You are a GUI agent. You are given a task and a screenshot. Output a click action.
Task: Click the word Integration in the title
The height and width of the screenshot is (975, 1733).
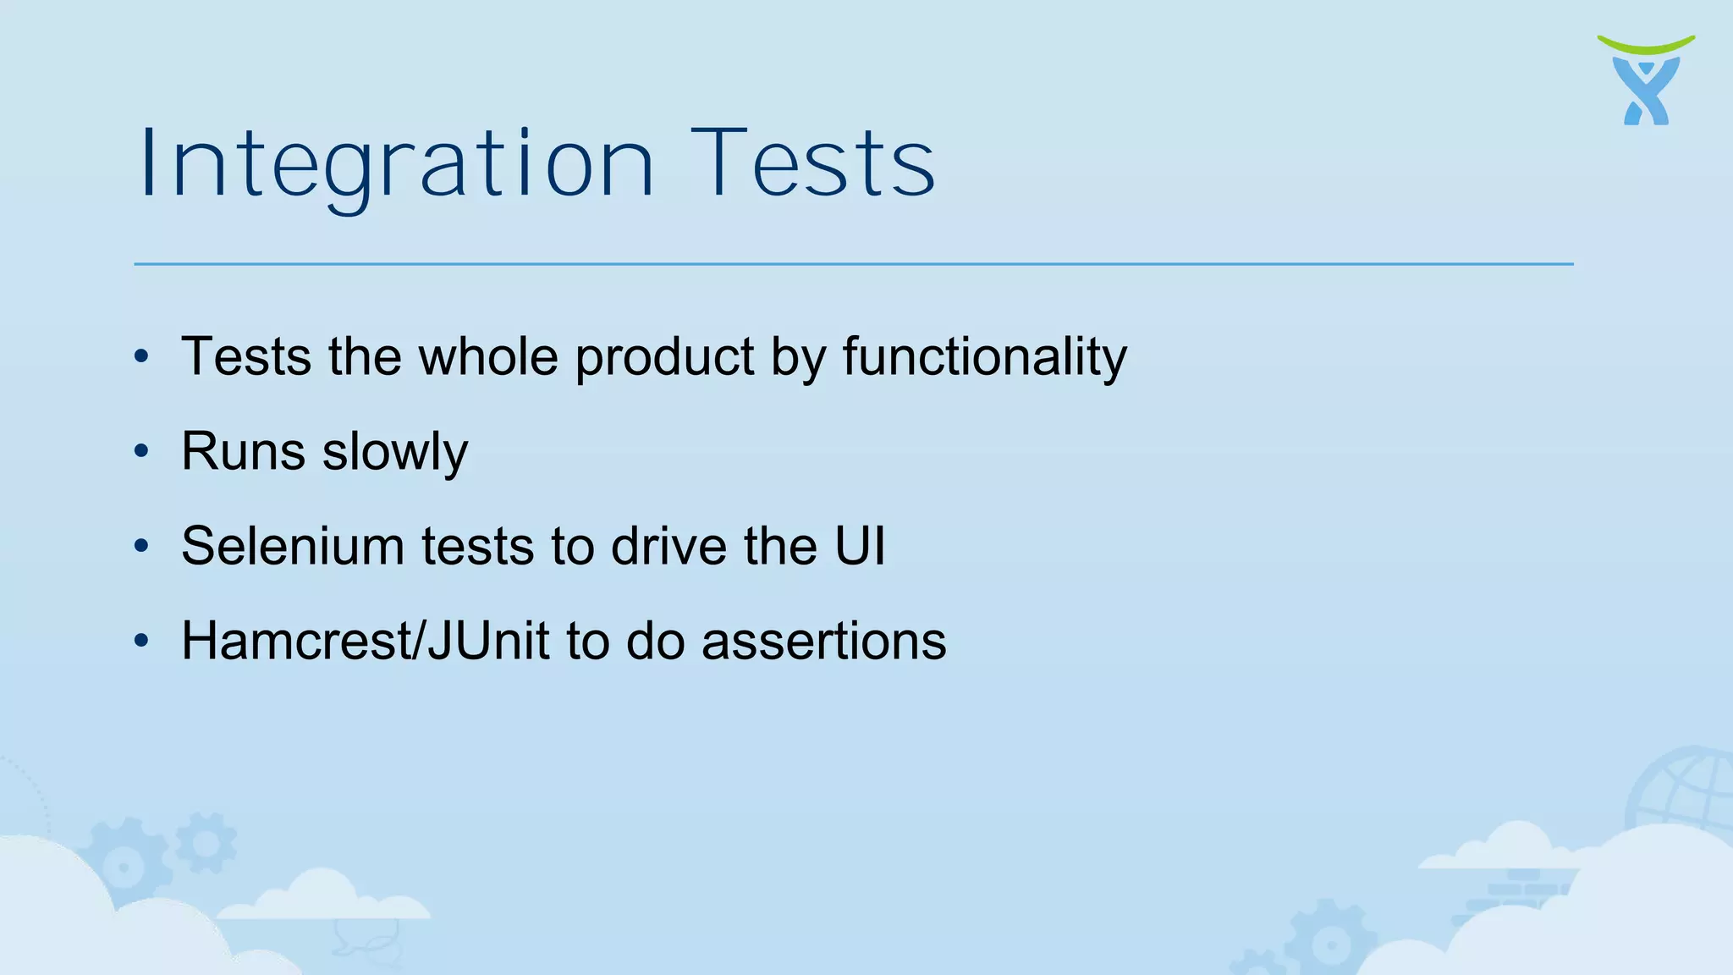[x=396, y=164]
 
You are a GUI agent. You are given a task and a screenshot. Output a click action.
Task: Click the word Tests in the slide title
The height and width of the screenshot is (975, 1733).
[x=813, y=164]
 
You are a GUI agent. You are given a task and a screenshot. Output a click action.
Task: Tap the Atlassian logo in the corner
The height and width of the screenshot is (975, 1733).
[x=1646, y=80]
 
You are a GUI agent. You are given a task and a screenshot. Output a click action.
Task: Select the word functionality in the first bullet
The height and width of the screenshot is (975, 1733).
[x=984, y=356]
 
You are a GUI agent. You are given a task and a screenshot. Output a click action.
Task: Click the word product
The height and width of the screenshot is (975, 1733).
[x=664, y=356]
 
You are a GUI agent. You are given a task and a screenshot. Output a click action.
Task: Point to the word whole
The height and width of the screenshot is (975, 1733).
[x=488, y=356]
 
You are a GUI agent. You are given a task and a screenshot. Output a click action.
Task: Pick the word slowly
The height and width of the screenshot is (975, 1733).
[x=395, y=453]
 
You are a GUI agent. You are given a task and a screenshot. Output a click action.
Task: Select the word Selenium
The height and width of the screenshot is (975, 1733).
[x=293, y=546]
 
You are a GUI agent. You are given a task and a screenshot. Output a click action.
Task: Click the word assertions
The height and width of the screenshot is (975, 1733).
[x=823, y=641]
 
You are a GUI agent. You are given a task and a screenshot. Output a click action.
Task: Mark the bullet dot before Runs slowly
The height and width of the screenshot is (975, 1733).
[x=141, y=451]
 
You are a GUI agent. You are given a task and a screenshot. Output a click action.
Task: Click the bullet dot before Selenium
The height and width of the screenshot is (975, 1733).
[x=141, y=546]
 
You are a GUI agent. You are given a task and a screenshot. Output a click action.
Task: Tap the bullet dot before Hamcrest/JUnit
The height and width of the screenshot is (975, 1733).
[x=141, y=641]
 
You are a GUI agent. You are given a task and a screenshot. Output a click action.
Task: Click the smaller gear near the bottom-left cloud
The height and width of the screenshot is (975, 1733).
[x=206, y=842]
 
